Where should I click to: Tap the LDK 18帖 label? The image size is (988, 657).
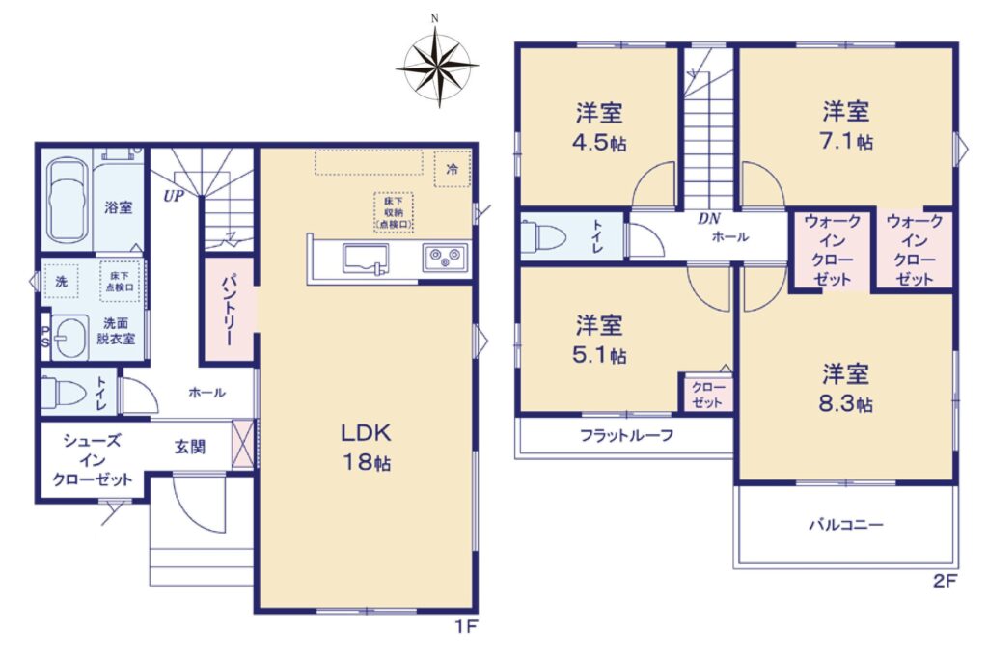click(366, 448)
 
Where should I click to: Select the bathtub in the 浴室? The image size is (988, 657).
click(68, 201)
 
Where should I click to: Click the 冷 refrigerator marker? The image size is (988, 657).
click(452, 169)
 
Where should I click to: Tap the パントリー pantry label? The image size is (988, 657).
click(228, 310)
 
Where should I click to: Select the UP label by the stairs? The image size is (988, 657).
click(174, 196)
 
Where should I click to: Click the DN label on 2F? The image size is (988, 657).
click(709, 219)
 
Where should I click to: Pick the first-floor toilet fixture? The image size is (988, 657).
click(63, 393)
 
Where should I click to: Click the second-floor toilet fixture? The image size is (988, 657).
click(544, 236)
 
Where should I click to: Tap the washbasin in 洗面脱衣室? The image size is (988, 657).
click(69, 337)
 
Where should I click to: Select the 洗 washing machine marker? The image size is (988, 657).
click(61, 281)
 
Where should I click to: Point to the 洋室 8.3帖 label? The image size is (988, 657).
click(845, 388)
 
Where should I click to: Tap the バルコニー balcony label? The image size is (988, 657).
click(846, 524)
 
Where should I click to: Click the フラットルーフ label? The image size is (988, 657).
click(626, 435)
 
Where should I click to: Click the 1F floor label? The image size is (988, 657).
click(467, 626)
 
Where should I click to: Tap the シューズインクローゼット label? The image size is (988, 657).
click(92, 460)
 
